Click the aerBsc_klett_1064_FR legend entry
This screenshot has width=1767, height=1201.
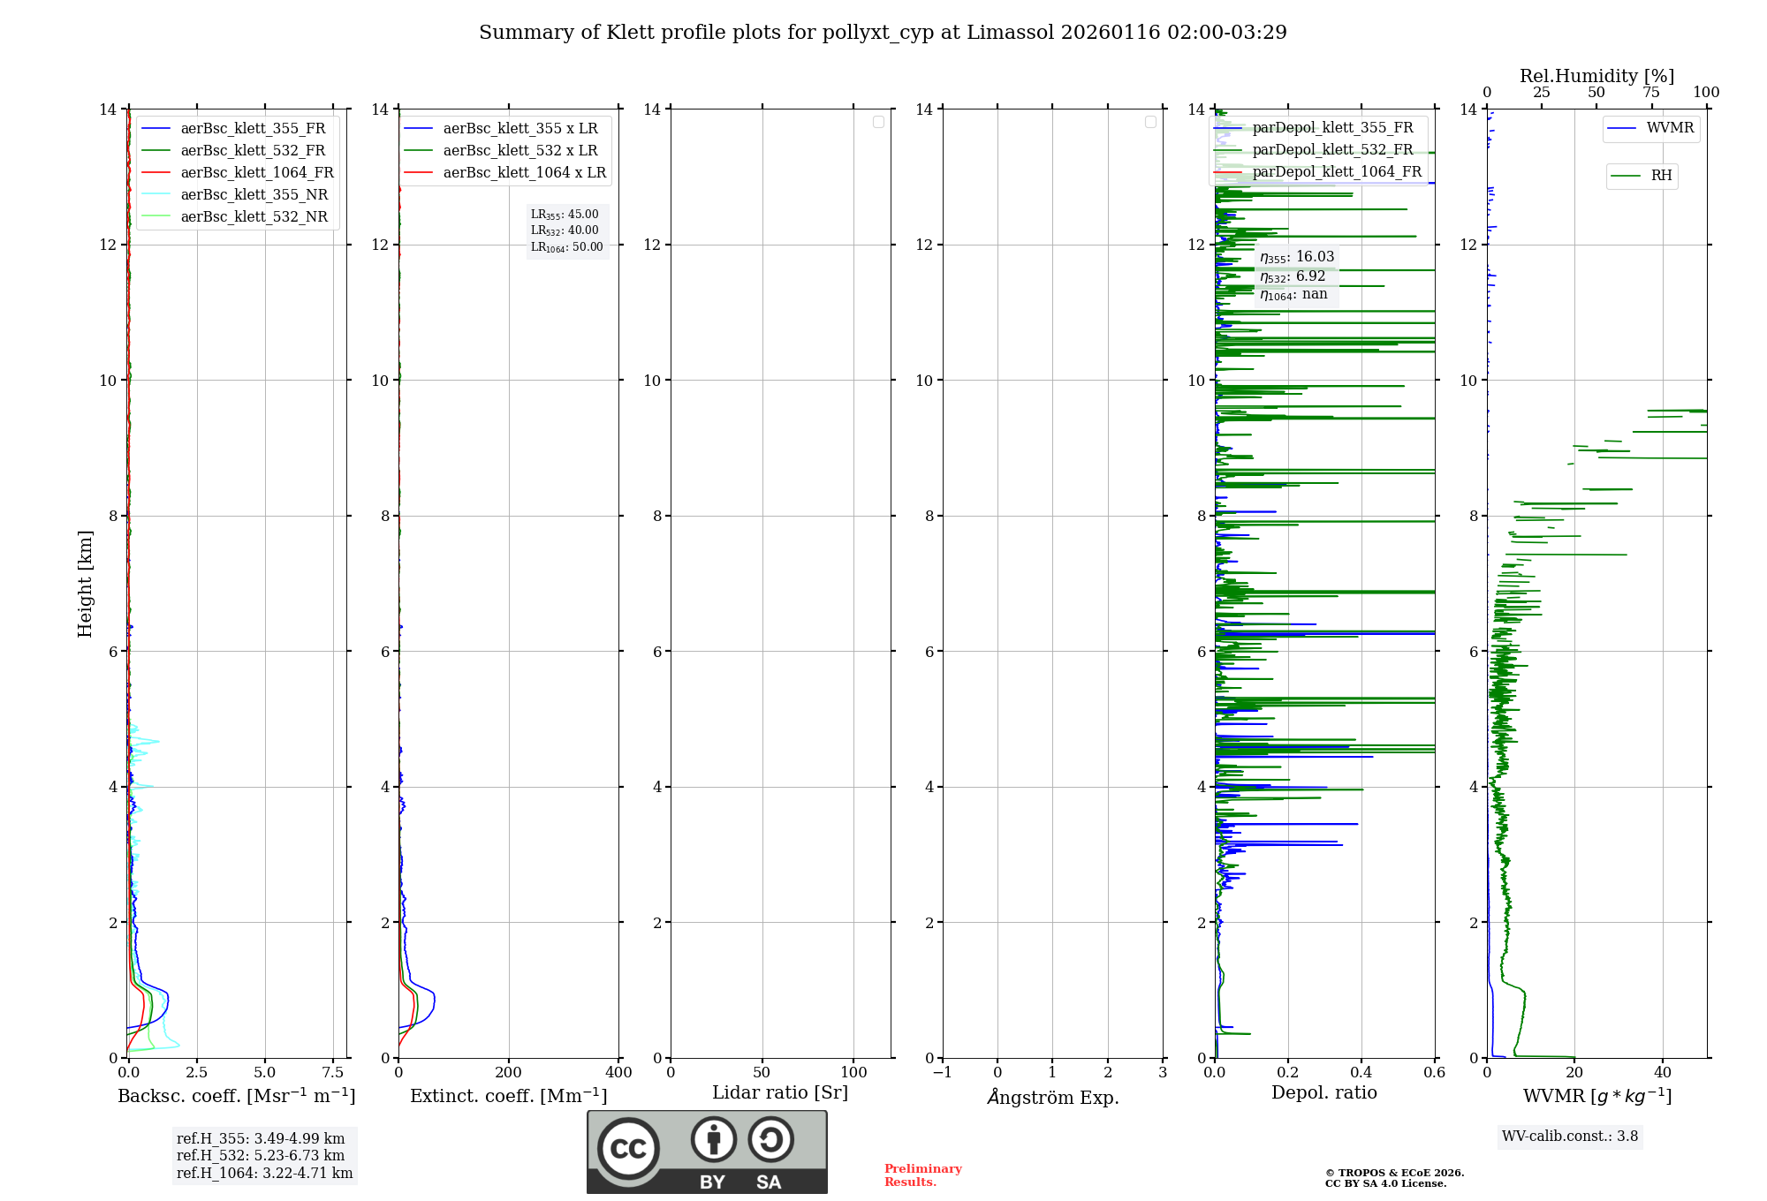click(x=257, y=172)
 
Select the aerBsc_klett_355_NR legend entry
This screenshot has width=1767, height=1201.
click(x=254, y=194)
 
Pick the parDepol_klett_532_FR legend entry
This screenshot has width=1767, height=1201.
click(x=1332, y=149)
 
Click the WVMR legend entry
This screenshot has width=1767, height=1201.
click(x=1670, y=128)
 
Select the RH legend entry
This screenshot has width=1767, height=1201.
click(x=1661, y=176)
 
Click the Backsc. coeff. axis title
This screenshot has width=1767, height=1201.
click(x=237, y=1096)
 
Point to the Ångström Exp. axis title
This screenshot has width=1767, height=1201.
click(x=1053, y=1097)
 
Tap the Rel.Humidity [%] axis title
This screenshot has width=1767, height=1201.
click(x=1596, y=76)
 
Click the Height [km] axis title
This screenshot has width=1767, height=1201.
click(x=85, y=584)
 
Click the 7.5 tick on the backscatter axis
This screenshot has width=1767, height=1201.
click(x=333, y=1073)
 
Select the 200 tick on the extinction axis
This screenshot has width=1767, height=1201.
click(x=509, y=1073)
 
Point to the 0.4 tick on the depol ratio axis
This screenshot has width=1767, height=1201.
click(x=1361, y=1073)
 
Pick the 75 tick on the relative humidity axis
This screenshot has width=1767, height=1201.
click(x=1651, y=93)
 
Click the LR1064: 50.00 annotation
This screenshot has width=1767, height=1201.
click(x=567, y=247)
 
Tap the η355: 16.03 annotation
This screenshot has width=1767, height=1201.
click(x=1297, y=257)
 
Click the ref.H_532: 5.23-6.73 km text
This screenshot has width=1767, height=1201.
click(x=261, y=1156)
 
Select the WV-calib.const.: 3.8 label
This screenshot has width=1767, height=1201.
click(x=1570, y=1137)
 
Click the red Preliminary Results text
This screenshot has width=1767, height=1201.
click(x=922, y=1175)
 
